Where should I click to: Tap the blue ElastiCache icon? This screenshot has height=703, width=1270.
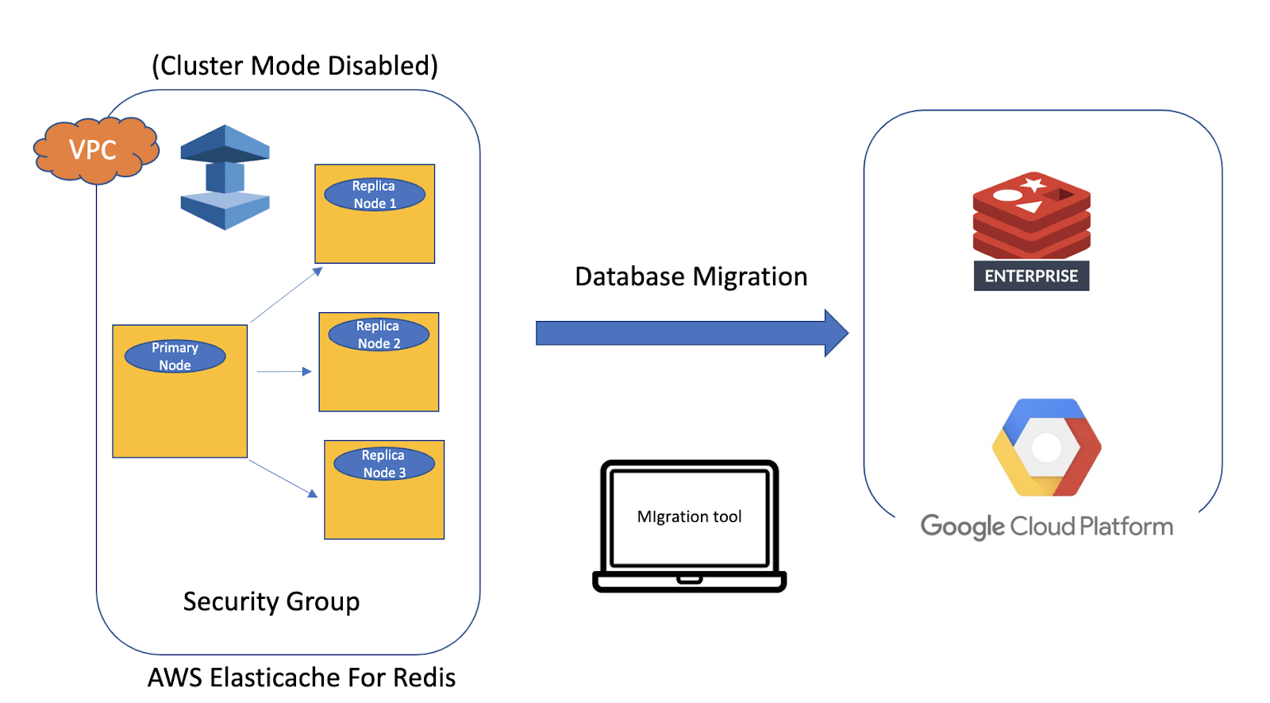(225, 177)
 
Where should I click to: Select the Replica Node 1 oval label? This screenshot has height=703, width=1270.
(375, 195)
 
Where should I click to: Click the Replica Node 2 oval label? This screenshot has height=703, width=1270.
(379, 334)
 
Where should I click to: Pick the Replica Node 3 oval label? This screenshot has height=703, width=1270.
(384, 464)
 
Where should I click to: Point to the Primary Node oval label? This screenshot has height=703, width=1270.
(175, 357)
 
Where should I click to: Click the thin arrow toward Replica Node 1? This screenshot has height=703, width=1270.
(286, 295)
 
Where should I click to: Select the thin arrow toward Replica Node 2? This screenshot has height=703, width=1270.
(283, 371)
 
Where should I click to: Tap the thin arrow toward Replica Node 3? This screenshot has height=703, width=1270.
(283, 478)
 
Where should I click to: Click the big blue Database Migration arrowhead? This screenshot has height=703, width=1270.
(836, 333)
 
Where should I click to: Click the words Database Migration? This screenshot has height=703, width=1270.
(691, 276)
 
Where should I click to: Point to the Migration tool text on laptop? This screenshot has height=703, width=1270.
(689, 516)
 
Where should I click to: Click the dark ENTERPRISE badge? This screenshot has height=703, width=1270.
(1031, 276)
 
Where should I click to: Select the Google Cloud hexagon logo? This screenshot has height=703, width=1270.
(1046, 447)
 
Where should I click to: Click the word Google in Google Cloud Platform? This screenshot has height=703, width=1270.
(962, 527)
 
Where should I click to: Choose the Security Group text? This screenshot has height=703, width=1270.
(271, 601)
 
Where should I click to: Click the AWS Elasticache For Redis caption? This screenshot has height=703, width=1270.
(302, 678)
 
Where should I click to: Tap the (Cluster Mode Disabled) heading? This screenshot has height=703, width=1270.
(294, 65)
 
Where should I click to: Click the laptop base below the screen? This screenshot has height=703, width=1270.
(689, 582)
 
